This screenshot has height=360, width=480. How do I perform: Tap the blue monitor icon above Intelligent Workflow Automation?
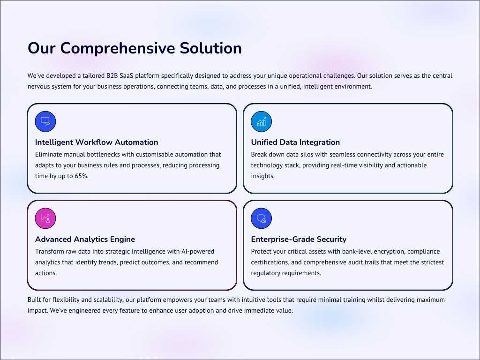point(45,121)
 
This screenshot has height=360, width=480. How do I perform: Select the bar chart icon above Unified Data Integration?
point(261,121)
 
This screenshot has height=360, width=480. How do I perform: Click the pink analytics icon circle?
point(45,218)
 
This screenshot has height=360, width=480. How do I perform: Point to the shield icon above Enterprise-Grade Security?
point(261,218)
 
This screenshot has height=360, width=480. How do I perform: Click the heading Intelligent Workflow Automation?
point(97,142)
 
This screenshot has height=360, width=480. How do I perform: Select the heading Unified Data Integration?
point(295,142)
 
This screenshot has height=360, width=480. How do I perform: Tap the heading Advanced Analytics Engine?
point(85,239)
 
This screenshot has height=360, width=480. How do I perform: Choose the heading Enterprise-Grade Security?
point(299,239)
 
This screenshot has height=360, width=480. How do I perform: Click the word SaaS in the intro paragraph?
point(127,75)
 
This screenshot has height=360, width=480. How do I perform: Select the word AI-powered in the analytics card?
point(198,252)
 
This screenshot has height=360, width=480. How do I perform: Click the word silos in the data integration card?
point(306,155)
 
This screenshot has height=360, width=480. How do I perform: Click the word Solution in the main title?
point(210,48)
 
